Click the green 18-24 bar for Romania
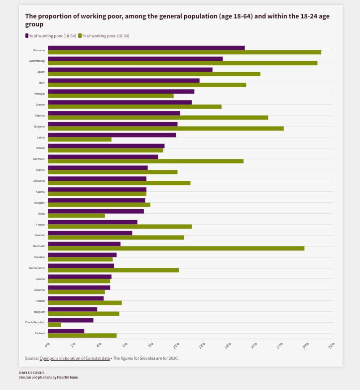click(184, 52)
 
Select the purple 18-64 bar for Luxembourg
click(135, 59)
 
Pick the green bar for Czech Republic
click(54, 324)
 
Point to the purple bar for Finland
click(66, 331)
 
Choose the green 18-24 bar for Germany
click(145, 161)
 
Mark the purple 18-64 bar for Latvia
click(112, 135)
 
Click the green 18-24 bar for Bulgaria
click(165, 129)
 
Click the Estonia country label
click(40, 116)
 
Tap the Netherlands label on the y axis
click(37, 268)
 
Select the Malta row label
click(41, 214)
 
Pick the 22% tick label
click(331, 345)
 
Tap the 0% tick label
click(47, 345)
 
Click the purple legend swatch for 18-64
click(27, 36)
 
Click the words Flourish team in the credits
click(67, 378)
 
